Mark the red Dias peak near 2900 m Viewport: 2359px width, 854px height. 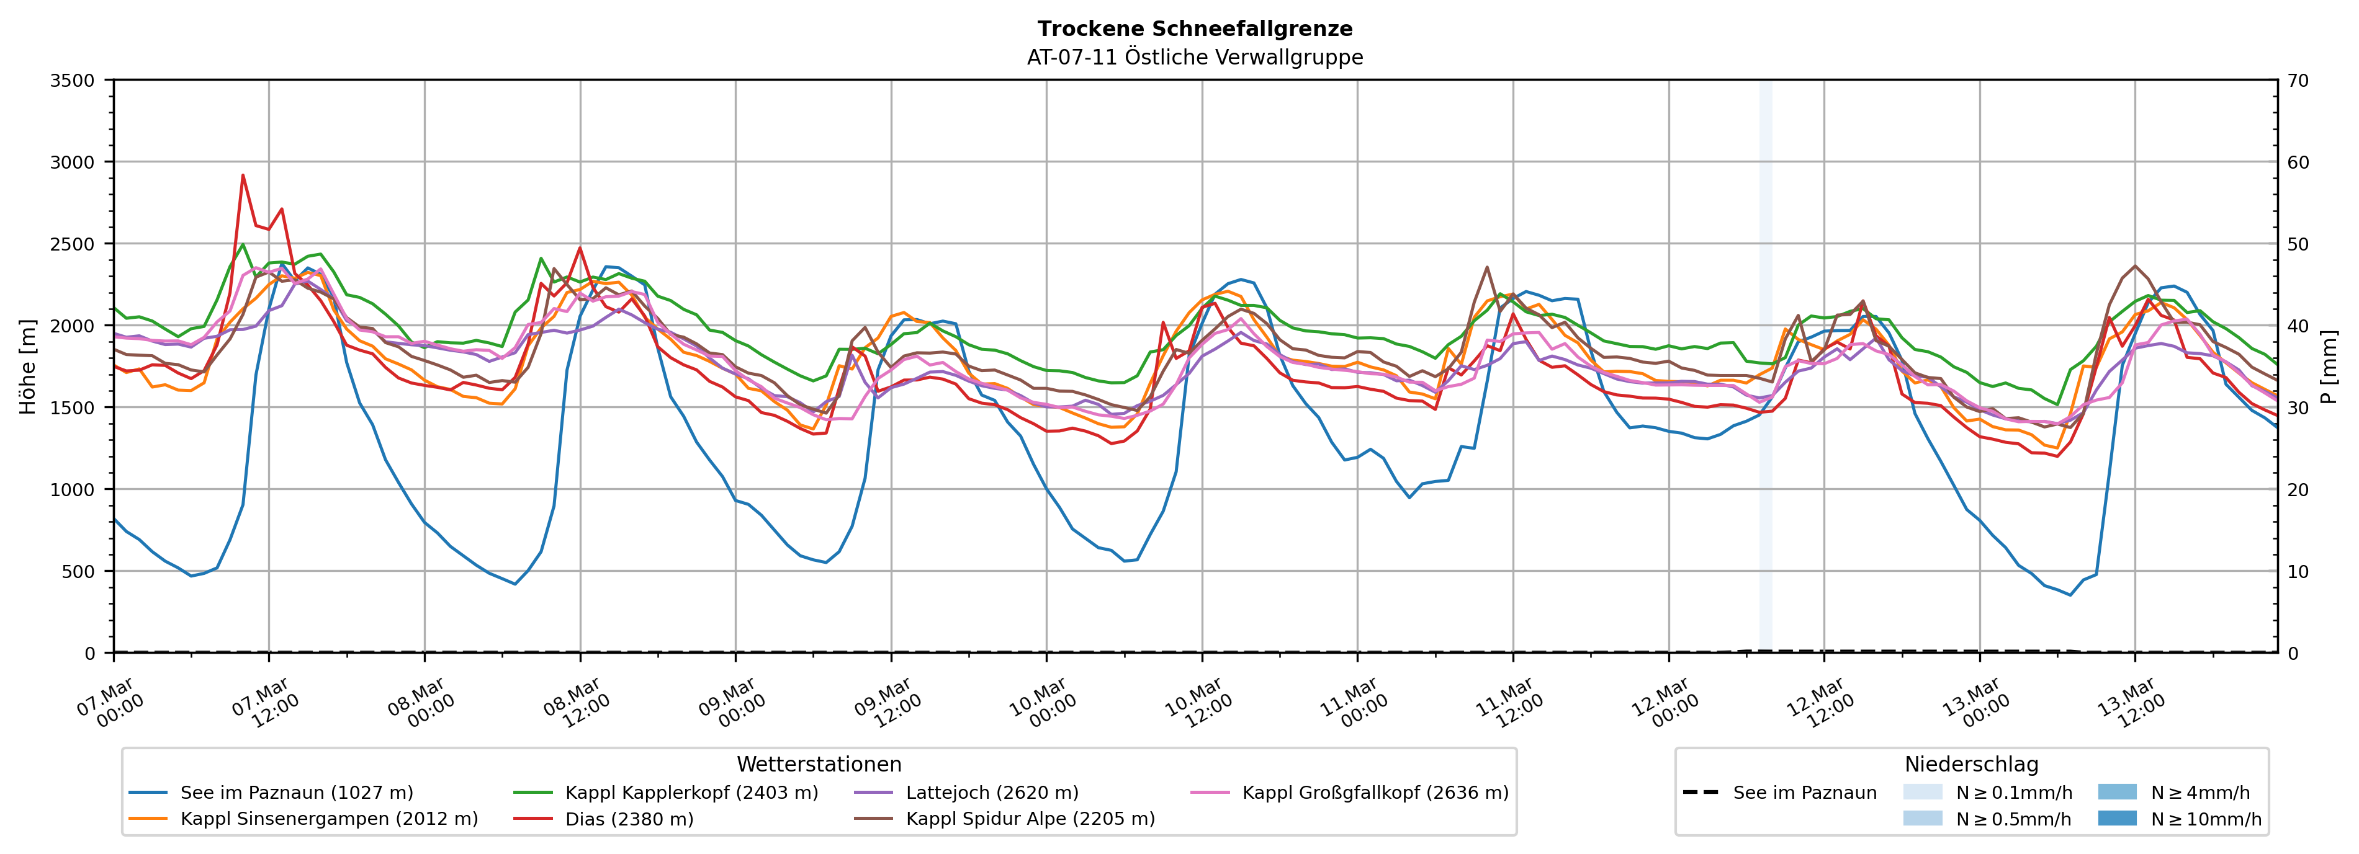coord(243,175)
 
